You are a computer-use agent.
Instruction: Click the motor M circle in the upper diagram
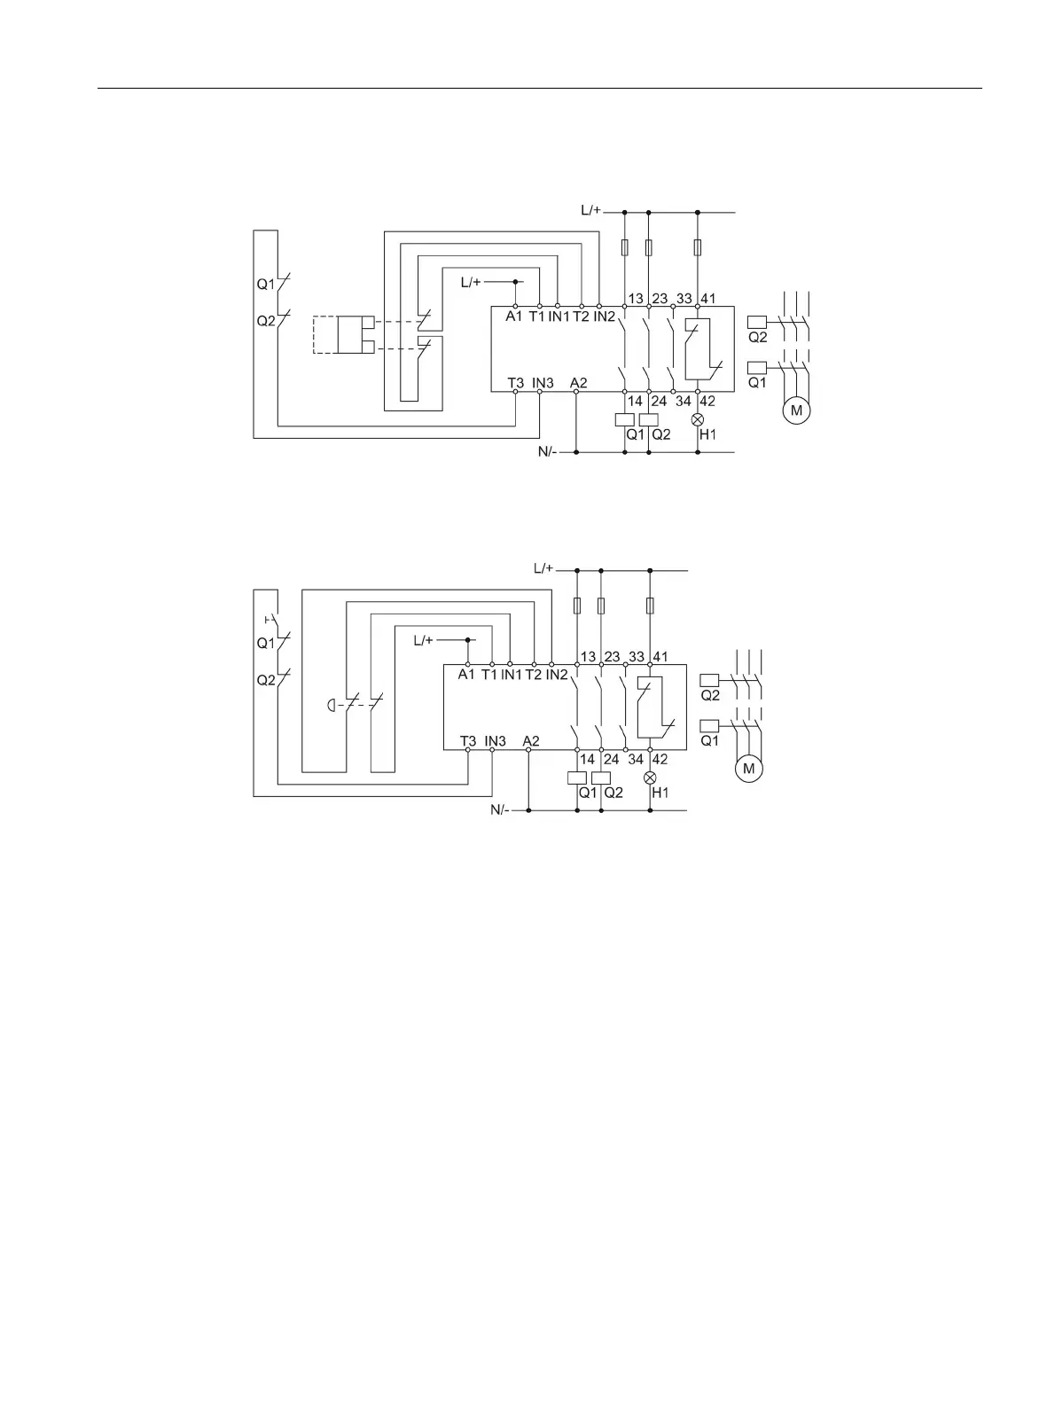[796, 411]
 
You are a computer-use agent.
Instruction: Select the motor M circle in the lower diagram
[749, 769]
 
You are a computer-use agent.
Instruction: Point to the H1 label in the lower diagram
[660, 793]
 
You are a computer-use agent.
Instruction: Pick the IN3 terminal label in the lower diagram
[495, 740]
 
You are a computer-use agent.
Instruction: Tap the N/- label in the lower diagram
[501, 810]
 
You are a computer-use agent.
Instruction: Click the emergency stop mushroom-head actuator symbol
[330, 706]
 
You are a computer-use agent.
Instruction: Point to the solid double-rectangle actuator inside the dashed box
[363, 333]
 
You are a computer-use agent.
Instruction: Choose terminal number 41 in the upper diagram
[708, 298]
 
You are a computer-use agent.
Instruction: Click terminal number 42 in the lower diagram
[660, 759]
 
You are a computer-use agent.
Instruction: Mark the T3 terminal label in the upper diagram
[516, 383]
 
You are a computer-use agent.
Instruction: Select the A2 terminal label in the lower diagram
[530, 740]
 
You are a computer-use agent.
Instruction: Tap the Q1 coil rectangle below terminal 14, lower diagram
[576, 777]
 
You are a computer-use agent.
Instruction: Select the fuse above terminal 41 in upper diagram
[698, 247]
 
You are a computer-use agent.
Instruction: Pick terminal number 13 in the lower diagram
[587, 657]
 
